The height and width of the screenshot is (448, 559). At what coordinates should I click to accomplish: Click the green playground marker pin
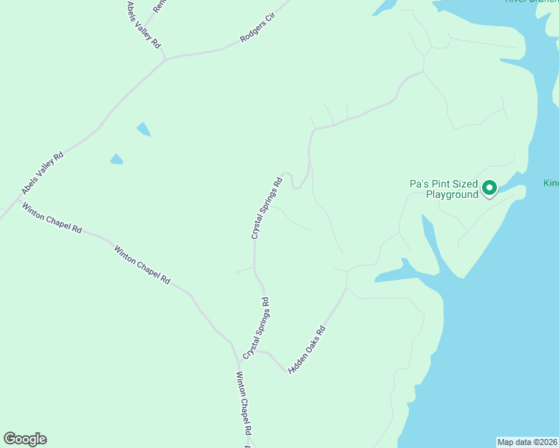point(489,187)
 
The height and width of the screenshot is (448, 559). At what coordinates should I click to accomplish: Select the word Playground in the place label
point(451,195)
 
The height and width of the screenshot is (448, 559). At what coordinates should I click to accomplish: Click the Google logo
point(25,439)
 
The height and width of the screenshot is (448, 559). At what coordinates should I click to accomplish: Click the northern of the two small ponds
point(143,129)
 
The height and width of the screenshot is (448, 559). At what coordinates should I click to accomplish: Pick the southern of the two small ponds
point(117,159)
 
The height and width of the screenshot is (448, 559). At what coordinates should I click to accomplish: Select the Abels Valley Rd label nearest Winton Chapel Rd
point(43,174)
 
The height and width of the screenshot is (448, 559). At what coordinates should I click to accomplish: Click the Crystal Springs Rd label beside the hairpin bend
point(267,208)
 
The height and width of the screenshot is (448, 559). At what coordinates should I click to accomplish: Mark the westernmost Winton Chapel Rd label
point(51,218)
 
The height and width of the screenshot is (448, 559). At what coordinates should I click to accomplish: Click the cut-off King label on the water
point(552,183)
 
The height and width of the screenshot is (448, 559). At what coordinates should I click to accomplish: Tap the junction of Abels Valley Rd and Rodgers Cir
point(165,57)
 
